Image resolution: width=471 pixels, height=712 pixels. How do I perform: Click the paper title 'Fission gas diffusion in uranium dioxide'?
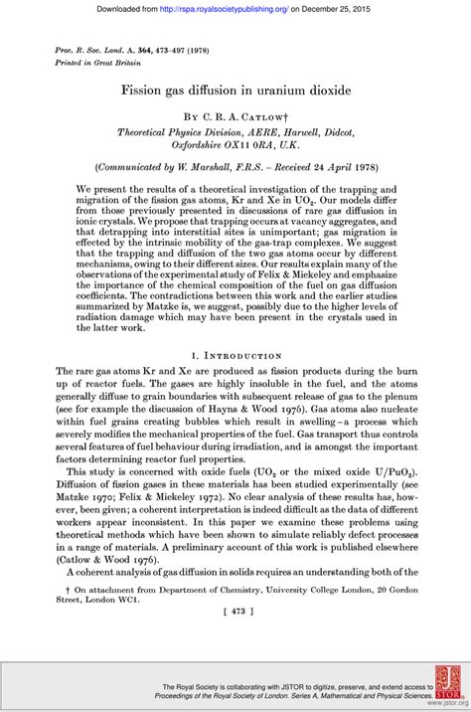click(235, 90)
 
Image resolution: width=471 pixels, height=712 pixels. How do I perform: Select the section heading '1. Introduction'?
click(235, 354)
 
